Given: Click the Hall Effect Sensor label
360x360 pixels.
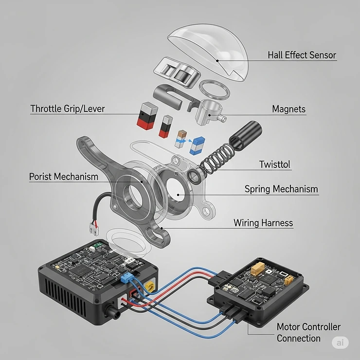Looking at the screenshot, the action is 302,55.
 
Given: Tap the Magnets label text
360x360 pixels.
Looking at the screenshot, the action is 289,109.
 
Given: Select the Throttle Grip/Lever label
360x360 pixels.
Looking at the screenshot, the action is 68,108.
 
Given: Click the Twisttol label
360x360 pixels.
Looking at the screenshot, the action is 274,164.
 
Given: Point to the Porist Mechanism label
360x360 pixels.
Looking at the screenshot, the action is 64,177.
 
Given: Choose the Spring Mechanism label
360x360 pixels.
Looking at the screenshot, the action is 281,189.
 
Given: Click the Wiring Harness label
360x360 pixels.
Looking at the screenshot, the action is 263,223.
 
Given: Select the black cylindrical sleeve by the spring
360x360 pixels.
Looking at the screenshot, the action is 246,135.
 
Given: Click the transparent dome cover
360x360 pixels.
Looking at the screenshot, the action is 209,52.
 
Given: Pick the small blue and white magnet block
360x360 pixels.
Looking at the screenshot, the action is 197,145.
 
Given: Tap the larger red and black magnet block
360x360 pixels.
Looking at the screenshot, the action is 147,116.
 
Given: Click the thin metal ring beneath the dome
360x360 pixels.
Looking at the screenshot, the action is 215,90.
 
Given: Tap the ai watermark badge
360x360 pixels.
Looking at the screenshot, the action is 340,342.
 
